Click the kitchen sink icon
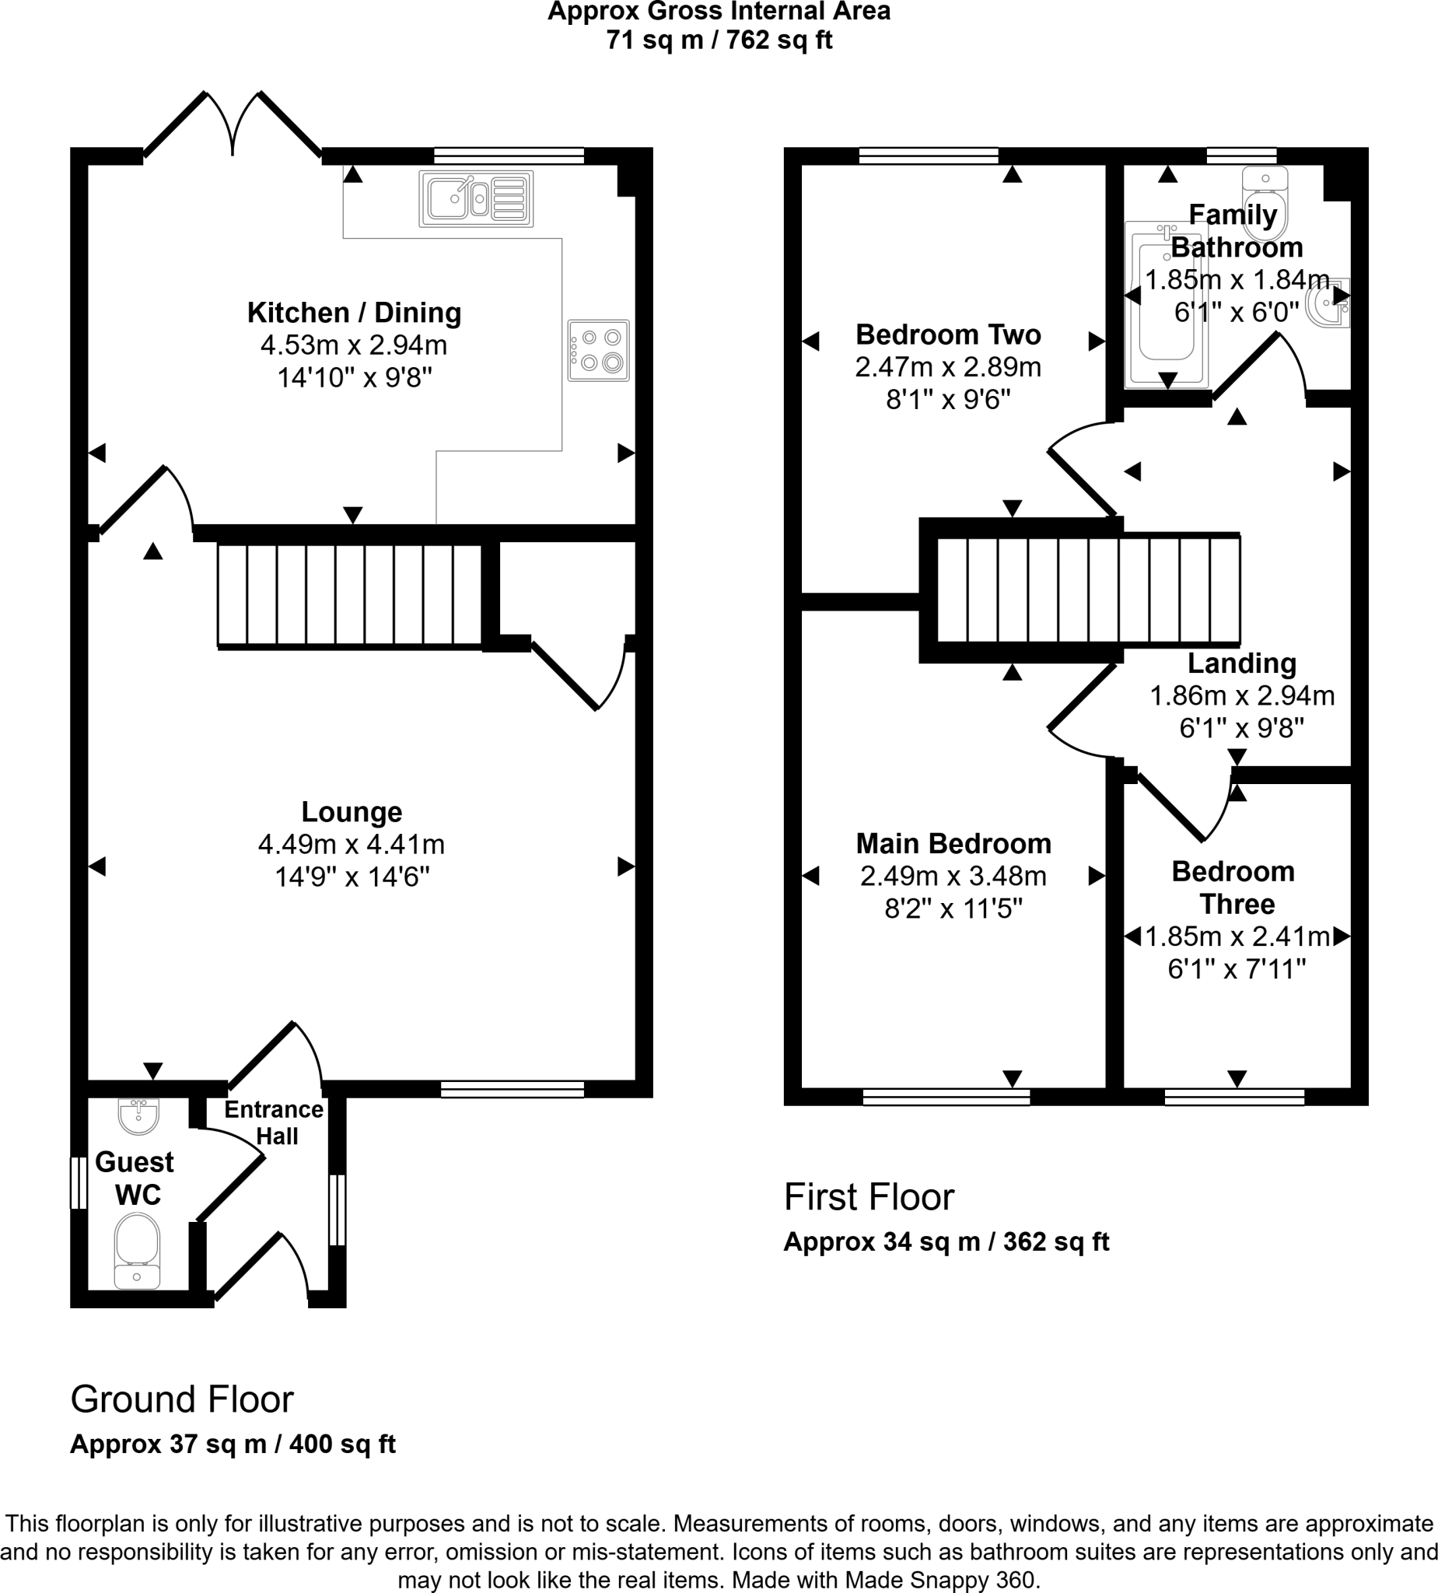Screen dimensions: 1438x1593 click(476, 199)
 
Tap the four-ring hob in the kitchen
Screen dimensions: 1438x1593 click(598, 350)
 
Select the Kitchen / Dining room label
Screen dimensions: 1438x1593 click(354, 313)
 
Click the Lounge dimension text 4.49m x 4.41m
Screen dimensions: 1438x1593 click(352, 845)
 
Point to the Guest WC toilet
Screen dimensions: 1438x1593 click(138, 1251)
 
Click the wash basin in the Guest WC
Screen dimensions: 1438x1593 click(138, 1115)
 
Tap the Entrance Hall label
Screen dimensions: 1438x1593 click(275, 1123)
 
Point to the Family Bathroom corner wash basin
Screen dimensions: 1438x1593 click(1331, 303)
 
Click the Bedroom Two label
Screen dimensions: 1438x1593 click(948, 335)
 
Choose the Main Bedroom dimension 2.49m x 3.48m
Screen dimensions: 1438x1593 click(953, 877)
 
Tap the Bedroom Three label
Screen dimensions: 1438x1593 click(1233, 888)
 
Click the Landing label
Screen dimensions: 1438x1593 click(1242, 663)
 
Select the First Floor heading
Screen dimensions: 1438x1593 click(869, 1197)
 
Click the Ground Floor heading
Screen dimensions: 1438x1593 click(182, 1399)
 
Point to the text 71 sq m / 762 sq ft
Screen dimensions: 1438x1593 click(719, 40)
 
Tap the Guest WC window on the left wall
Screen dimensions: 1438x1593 click(79, 1182)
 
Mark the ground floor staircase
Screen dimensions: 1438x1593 click(349, 596)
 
